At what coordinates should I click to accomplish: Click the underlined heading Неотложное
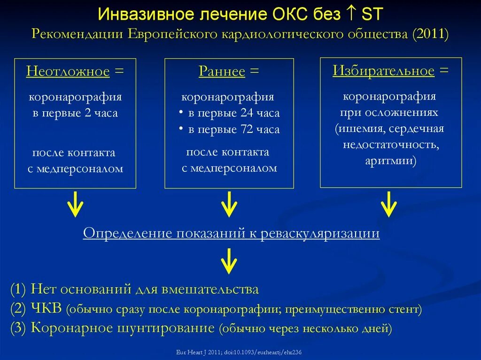[x=68, y=71]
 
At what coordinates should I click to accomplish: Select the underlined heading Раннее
[x=222, y=71]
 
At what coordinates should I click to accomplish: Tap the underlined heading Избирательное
[x=383, y=71]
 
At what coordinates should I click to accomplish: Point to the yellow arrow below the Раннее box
[x=229, y=204]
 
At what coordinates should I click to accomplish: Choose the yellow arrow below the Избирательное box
[x=389, y=204]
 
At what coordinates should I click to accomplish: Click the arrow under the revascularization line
[x=229, y=261]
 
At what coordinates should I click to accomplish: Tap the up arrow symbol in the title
[x=351, y=14]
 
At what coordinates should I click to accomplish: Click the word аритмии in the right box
[x=389, y=161]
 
